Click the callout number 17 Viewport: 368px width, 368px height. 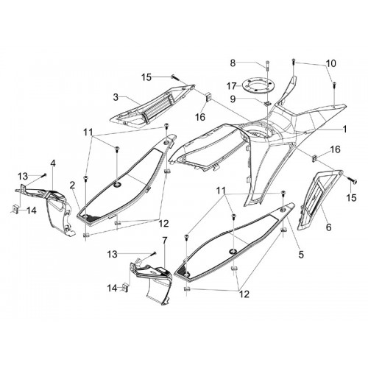232,86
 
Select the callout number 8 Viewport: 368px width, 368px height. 233,63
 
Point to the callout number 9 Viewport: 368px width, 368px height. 233,99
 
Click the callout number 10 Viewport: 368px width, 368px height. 331,63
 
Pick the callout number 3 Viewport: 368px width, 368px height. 116,97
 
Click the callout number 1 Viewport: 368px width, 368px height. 344,129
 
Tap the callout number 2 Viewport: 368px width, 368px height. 72,185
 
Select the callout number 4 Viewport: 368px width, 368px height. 53,163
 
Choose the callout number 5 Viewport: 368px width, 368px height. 301,255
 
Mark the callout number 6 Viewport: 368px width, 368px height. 328,227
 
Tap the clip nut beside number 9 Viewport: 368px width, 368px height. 267,103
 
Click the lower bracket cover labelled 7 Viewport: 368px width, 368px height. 152,278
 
